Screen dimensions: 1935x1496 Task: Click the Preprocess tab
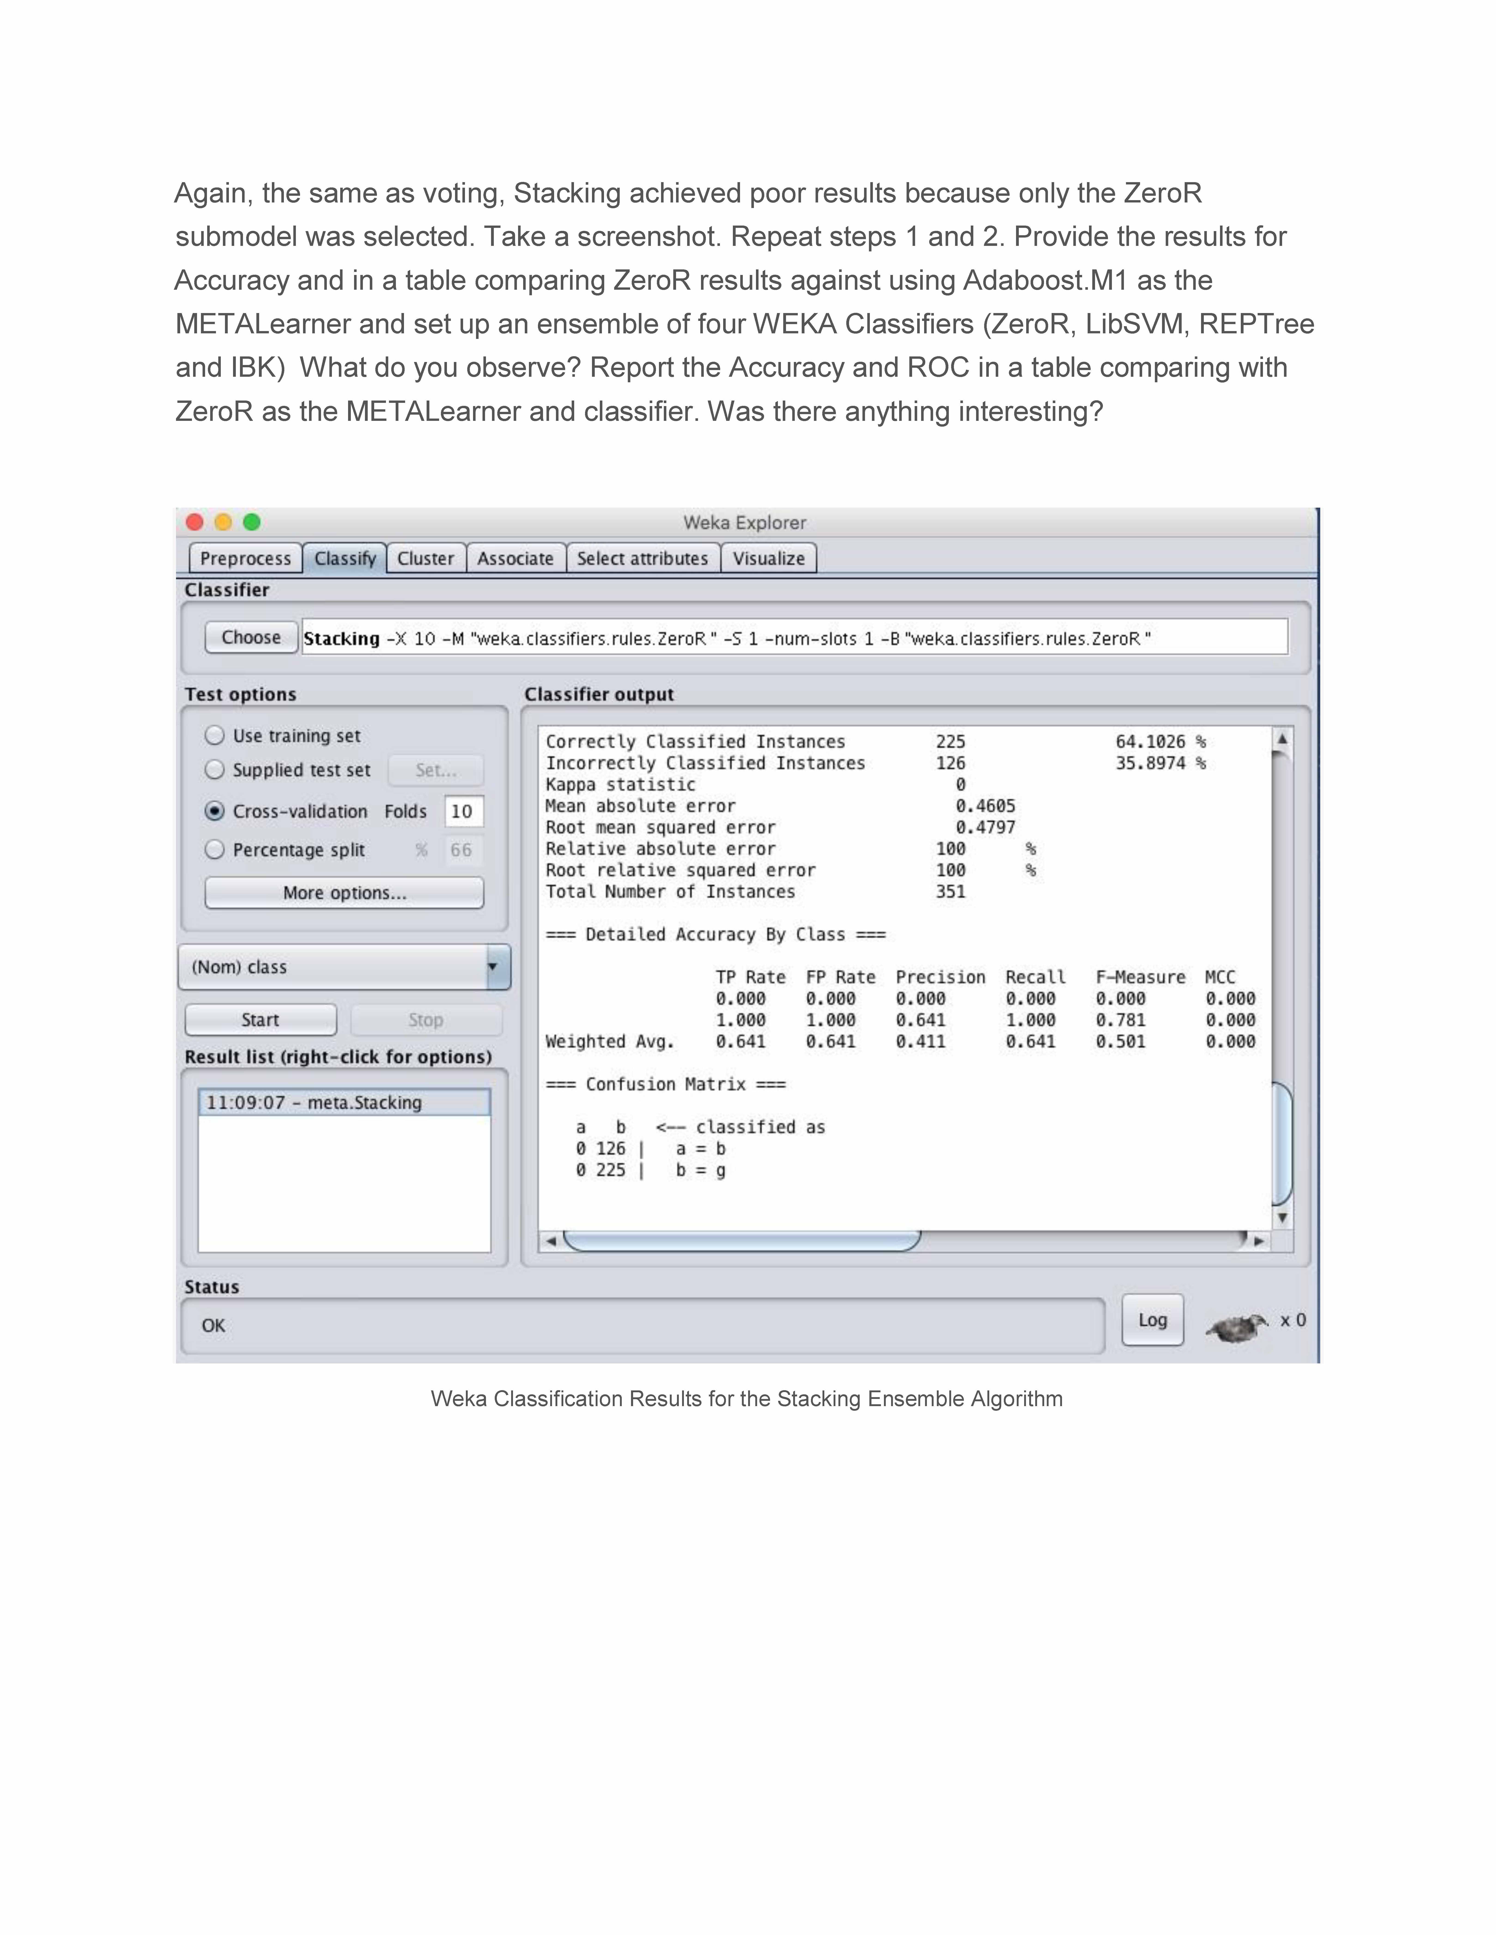[x=245, y=558]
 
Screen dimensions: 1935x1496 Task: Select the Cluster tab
[x=425, y=558]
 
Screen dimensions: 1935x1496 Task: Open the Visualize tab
[x=768, y=558]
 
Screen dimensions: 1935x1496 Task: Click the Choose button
[x=251, y=637]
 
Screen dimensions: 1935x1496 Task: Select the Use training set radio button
[x=215, y=735]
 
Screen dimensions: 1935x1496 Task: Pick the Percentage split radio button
[x=215, y=850]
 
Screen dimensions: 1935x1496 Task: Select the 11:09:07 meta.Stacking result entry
[x=343, y=1102]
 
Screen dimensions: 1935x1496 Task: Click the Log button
[x=1152, y=1320]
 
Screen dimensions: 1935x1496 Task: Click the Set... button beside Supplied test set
[x=436, y=770]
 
